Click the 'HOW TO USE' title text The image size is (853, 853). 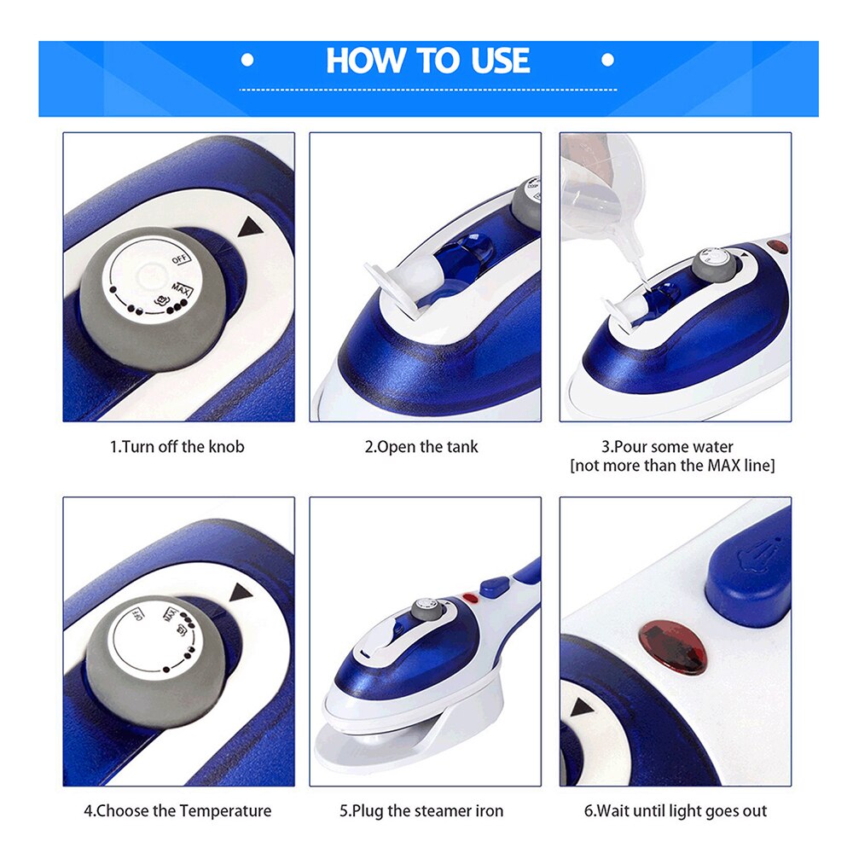point(427,60)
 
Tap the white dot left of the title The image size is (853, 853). point(247,60)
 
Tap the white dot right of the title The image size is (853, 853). point(607,60)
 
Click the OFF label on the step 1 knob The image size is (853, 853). point(181,259)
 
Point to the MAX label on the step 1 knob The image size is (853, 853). point(182,289)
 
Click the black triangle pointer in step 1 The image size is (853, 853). point(250,226)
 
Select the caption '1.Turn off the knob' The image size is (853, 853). point(177,447)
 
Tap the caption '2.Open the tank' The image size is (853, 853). point(421,447)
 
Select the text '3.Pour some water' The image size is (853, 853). point(667,447)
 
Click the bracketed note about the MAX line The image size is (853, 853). point(672,466)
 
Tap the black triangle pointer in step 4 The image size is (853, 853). point(241,593)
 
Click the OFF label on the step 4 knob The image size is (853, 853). point(138,615)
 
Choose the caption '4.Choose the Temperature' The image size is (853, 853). point(177,810)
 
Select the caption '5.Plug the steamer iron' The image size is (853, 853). point(421,810)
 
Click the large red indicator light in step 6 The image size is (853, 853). point(672,647)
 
